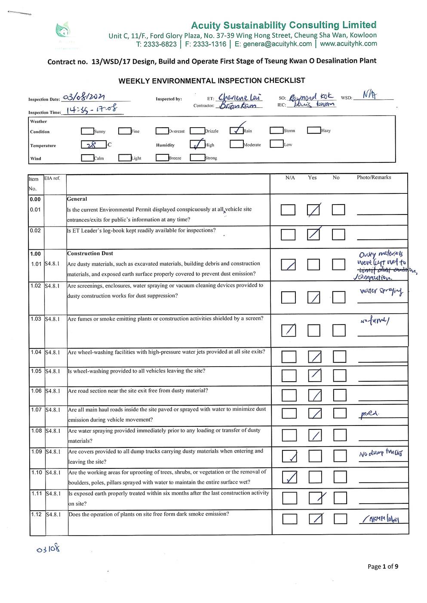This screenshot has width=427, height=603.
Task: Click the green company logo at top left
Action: [63, 31]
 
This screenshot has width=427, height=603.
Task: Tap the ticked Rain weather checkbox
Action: [237, 130]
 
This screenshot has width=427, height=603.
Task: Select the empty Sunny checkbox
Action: [87, 131]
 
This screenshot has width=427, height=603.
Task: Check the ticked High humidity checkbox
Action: [197, 144]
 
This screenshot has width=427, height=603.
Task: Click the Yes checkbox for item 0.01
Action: [313, 210]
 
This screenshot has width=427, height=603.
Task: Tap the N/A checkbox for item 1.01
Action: [288, 264]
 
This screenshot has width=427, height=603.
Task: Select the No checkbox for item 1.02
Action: [338, 297]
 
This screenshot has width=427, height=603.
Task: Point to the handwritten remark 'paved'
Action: [369, 414]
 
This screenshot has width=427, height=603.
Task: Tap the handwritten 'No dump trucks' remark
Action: [381, 453]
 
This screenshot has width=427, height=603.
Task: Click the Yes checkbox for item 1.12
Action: [316, 519]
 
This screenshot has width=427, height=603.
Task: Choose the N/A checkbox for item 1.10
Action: [289, 477]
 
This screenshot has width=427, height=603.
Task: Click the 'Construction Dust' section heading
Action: [90, 253]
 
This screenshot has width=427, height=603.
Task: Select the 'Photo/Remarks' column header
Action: [374, 177]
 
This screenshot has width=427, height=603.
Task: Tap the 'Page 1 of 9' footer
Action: [383, 566]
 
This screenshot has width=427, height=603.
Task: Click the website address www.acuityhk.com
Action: [348, 43]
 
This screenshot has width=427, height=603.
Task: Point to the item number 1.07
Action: [36, 410]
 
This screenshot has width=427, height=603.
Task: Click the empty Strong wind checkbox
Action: [197, 158]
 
